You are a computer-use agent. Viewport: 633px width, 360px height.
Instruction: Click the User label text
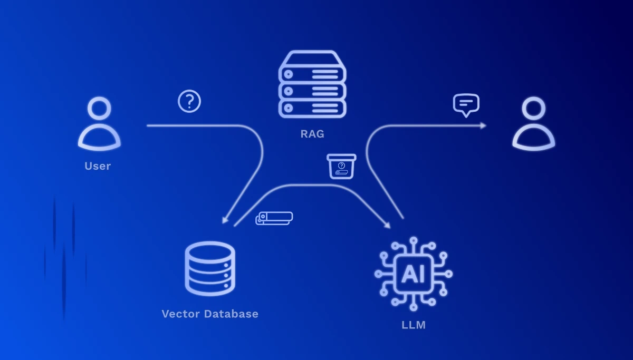(x=98, y=166)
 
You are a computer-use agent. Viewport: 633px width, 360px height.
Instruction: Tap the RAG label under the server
(x=312, y=134)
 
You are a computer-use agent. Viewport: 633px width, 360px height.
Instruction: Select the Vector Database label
(x=210, y=314)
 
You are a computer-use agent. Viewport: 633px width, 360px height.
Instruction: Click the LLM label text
(x=414, y=325)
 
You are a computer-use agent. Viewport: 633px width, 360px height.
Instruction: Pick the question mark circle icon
(x=189, y=101)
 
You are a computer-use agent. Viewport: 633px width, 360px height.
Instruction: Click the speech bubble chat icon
(x=466, y=104)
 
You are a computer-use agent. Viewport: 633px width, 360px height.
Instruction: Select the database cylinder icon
(x=210, y=268)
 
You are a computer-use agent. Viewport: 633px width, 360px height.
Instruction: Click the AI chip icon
(x=414, y=274)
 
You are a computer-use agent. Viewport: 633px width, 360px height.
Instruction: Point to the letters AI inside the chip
(x=413, y=275)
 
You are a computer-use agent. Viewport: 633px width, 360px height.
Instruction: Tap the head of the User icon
(x=99, y=108)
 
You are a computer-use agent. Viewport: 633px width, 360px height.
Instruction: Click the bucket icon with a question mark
(x=341, y=167)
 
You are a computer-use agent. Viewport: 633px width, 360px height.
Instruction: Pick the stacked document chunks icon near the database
(x=274, y=218)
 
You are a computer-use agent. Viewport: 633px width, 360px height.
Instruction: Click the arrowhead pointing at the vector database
(x=225, y=221)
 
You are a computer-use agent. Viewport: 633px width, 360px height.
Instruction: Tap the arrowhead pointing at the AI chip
(x=388, y=226)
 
